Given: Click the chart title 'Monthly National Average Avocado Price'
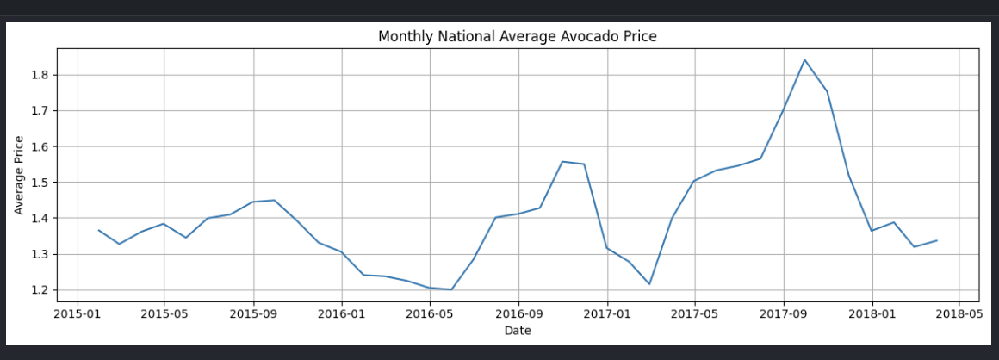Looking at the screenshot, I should click(x=518, y=36).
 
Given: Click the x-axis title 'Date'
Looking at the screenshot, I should click(x=518, y=330).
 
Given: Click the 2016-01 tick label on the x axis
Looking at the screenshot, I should click(x=342, y=313).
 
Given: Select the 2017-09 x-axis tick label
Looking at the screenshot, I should click(x=783, y=313).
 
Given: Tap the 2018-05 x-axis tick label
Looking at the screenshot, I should click(x=959, y=313).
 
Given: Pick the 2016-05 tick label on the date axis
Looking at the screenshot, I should click(x=429, y=313).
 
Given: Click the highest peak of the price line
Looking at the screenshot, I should click(x=804, y=59).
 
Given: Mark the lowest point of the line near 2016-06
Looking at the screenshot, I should click(x=451, y=289).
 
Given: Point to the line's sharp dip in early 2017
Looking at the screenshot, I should click(x=649, y=284).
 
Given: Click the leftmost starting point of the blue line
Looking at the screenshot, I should click(x=98, y=230).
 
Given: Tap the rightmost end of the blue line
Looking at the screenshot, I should click(x=937, y=240).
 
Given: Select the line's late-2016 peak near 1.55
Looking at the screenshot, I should click(x=562, y=161).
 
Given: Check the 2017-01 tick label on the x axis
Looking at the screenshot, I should click(x=607, y=313).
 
